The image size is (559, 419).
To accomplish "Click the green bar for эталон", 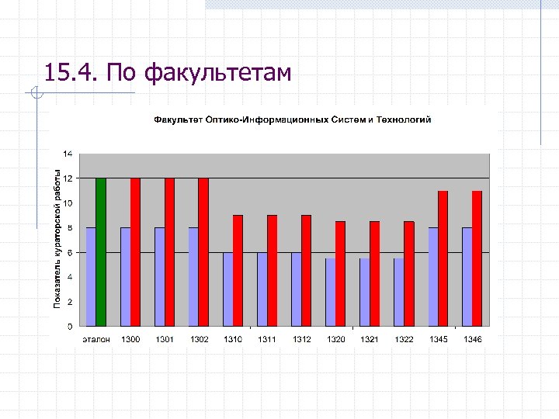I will point(101,252).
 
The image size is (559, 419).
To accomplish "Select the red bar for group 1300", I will point(135,252).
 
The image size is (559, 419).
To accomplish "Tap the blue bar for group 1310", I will point(227,289).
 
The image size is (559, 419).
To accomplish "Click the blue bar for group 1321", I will point(364,293).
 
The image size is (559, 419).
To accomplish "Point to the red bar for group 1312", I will point(306,271).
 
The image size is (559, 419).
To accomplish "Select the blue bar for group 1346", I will point(467,277).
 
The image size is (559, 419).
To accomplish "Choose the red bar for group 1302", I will point(203,252).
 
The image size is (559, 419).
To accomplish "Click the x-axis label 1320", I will point(335,340).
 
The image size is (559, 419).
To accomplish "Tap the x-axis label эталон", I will point(96,340).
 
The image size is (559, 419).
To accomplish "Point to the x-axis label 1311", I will point(267,340).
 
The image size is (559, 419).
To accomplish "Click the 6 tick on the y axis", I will point(71,252).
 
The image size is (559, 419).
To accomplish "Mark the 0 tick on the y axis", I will point(71,326).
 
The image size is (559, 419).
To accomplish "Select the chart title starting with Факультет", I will point(292,119).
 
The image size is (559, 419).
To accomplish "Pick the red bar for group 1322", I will point(408,274).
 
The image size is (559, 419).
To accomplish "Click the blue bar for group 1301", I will point(159,277).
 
